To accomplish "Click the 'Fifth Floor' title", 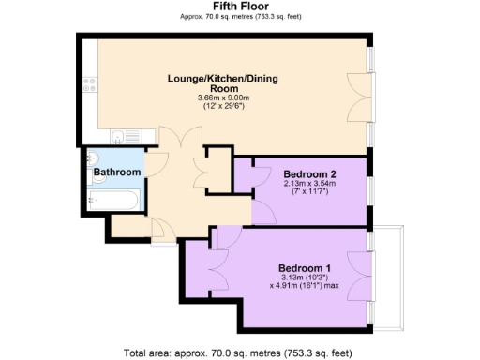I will tap(240, 6).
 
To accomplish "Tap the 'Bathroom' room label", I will tap(116, 172).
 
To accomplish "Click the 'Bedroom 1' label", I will tap(305, 263).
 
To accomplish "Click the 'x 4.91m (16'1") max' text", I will tap(305, 285).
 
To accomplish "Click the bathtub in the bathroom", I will tap(113, 200).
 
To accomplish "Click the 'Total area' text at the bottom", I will tap(240, 352).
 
